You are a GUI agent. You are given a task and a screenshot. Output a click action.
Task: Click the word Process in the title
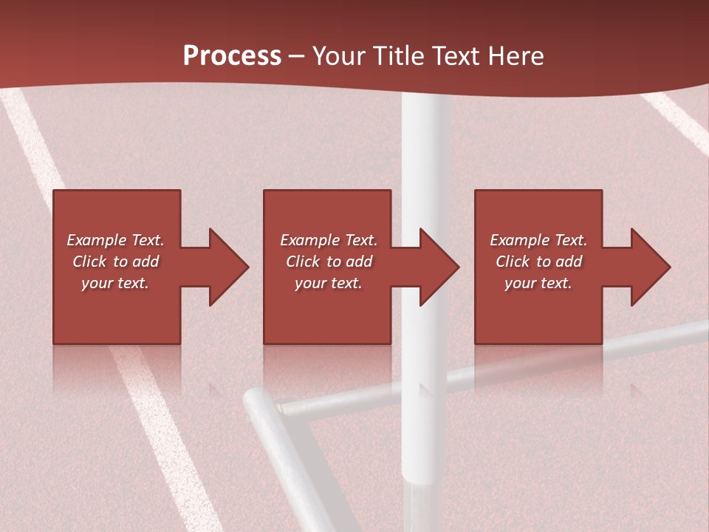232,56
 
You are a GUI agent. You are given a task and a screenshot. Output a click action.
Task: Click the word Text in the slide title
456,56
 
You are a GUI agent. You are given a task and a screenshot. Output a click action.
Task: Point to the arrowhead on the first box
225,267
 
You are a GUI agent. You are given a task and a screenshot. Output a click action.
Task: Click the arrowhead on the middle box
435,267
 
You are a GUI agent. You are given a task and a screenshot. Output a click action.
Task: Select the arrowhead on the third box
646,267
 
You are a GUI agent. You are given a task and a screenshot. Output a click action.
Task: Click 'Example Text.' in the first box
115,240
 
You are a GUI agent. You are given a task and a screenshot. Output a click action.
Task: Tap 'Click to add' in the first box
115,262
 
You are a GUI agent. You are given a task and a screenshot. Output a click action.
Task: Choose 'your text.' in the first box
115,283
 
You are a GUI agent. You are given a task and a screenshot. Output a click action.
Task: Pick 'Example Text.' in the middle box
329,240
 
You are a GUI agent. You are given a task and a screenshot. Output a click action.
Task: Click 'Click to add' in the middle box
329,262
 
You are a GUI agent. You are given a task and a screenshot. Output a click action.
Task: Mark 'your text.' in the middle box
329,283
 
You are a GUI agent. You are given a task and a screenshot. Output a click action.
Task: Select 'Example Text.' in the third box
538,240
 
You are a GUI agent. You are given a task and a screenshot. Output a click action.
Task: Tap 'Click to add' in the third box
538,262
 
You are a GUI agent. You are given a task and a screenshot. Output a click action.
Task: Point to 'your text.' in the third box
538,283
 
